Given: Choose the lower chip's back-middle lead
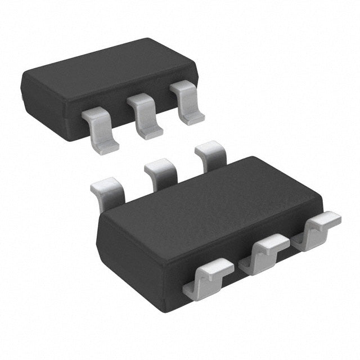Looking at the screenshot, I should click(161, 172).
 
